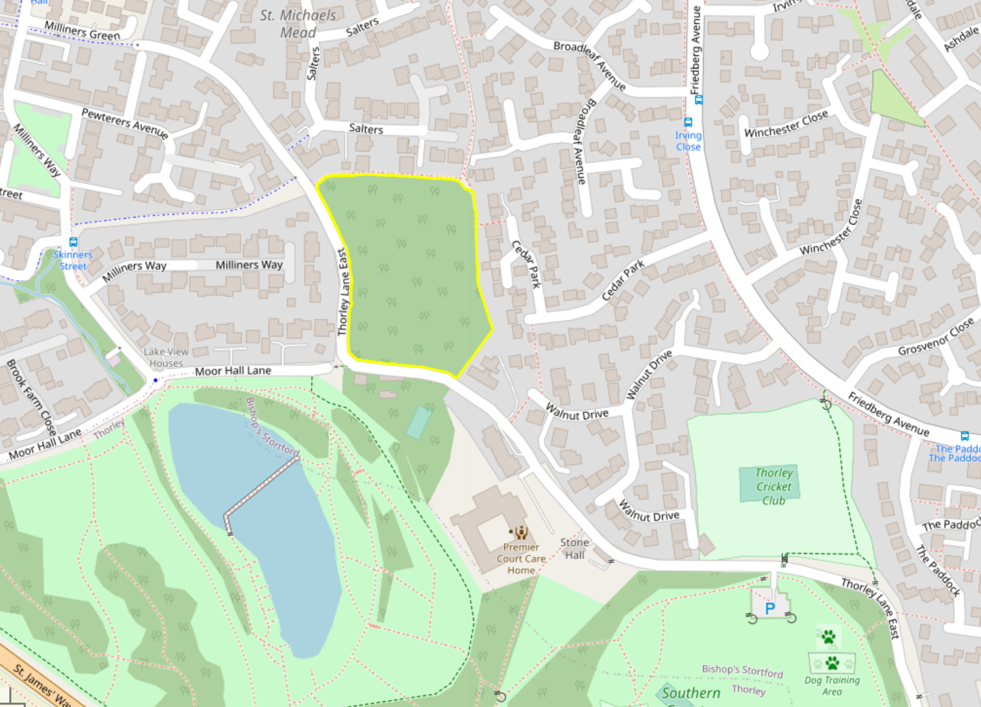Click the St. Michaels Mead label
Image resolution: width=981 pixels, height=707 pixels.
tap(297, 24)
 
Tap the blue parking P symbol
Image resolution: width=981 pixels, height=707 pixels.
tap(770, 608)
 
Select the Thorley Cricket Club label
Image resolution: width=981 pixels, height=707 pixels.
tap(774, 486)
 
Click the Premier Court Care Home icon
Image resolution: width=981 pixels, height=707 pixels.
tap(521, 532)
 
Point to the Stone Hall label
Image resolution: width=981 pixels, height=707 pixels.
tap(574, 548)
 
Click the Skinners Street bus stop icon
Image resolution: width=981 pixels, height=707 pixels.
tap(73, 242)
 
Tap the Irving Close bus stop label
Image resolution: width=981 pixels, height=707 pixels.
tap(688, 141)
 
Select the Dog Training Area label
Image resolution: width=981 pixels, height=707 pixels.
tap(832, 685)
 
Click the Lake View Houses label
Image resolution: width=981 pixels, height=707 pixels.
tap(166, 357)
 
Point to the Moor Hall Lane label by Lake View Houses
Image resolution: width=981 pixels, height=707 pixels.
tap(233, 371)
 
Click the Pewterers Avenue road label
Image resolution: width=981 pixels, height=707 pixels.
tap(125, 123)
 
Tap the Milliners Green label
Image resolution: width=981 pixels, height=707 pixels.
tap(82, 31)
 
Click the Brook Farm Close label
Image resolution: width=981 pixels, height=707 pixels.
tap(31, 397)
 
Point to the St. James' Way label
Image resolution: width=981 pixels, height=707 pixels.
tap(41, 685)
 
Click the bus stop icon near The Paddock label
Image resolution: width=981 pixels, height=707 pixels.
tap(965, 436)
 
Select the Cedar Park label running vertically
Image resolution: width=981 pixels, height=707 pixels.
tap(526, 263)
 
